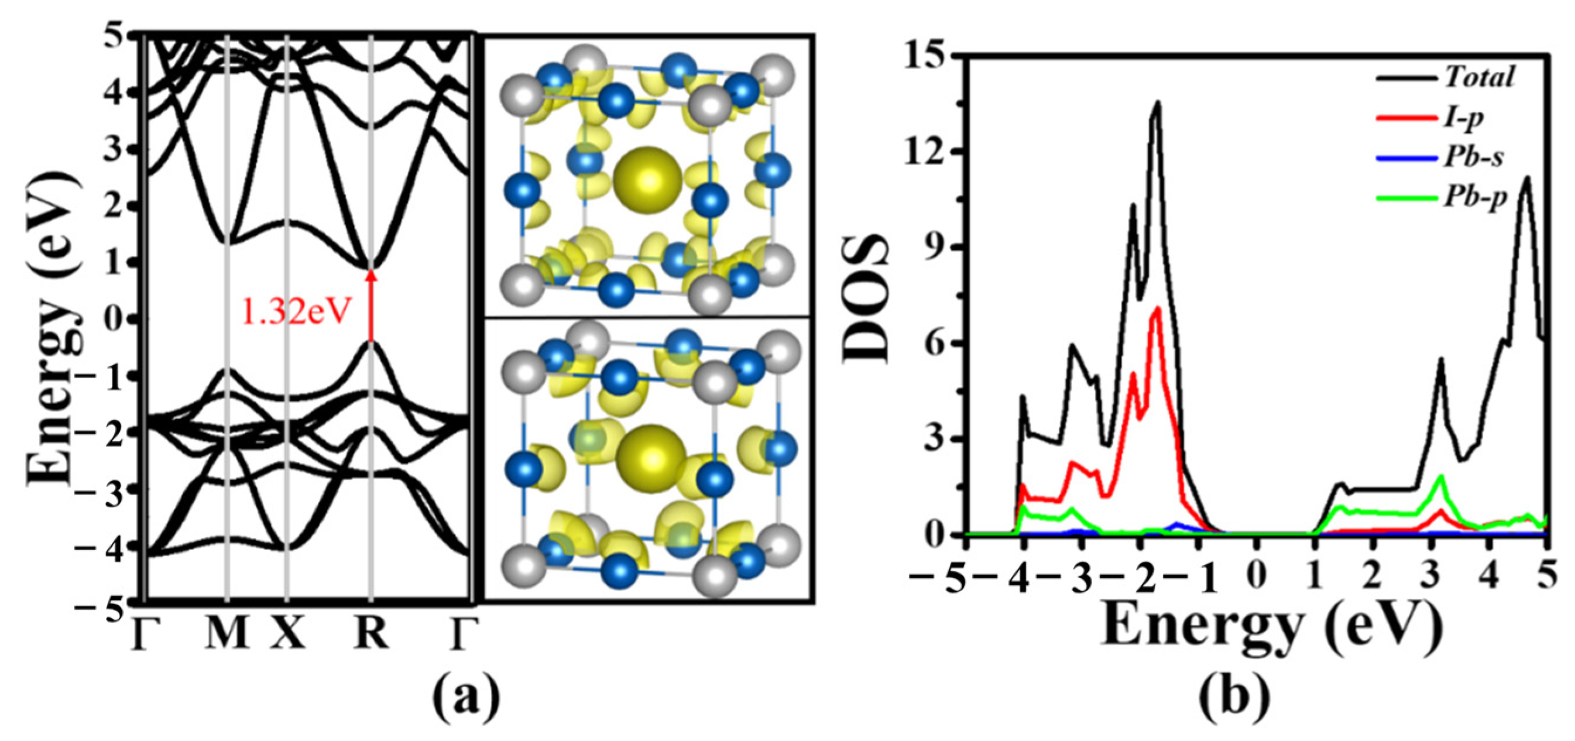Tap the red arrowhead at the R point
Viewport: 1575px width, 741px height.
pyautogui.click(x=370, y=276)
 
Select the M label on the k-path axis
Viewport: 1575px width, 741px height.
pyautogui.click(x=227, y=633)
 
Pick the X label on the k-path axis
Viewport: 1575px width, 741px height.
pyautogui.click(x=287, y=633)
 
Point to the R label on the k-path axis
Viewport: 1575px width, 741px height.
pyautogui.click(x=371, y=633)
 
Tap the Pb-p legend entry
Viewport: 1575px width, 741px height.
pyautogui.click(x=1474, y=198)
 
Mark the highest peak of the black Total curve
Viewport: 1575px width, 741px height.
pyautogui.click(x=1158, y=102)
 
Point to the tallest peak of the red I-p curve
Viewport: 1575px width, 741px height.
pyautogui.click(x=1158, y=309)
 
